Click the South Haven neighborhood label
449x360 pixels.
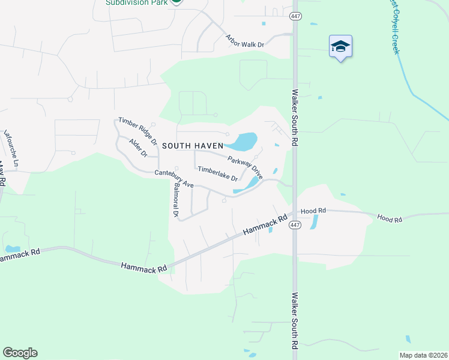click(x=192, y=146)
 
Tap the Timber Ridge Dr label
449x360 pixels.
click(x=137, y=131)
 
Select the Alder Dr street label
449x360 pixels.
click(x=138, y=147)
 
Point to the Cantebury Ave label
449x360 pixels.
click(x=173, y=178)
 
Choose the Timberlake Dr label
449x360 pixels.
click(x=217, y=174)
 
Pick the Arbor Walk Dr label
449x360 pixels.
click(x=244, y=41)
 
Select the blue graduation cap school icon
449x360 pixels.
click(x=340, y=46)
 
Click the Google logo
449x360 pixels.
click(x=20, y=353)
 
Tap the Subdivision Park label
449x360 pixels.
click(x=136, y=2)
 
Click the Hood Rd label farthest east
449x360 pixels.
click(x=389, y=219)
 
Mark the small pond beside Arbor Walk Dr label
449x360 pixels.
click(x=263, y=24)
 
